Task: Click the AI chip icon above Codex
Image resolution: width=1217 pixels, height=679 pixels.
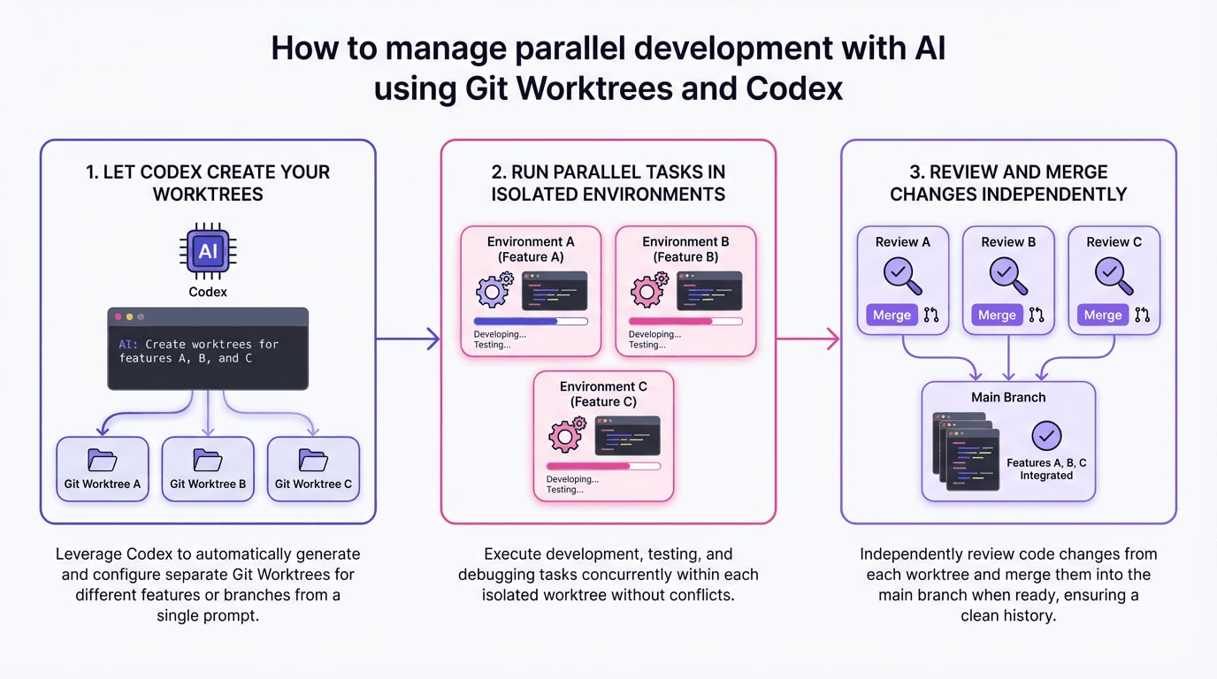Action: (x=208, y=251)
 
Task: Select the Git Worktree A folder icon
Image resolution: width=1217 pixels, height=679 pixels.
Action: (x=103, y=460)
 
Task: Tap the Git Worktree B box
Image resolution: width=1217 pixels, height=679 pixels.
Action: (x=208, y=469)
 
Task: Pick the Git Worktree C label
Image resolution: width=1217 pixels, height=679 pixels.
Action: (x=313, y=484)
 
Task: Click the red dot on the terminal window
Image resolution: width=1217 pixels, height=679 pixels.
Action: (x=119, y=317)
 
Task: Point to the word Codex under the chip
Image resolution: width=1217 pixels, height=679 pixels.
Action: (x=208, y=292)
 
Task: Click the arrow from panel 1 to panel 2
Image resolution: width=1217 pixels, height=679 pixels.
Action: (x=408, y=339)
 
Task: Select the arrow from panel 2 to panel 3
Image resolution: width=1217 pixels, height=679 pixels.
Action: (x=808, y=339)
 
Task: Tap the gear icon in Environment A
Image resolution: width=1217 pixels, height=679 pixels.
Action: (x=494, y=289)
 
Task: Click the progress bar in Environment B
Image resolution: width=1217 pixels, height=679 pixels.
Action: (x=685, y=321)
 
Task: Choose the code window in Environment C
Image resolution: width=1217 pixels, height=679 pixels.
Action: (x=627, y=436)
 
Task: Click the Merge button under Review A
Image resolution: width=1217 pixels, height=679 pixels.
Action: (x=892, y=315)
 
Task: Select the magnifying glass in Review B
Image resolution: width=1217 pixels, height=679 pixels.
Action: (x=1007, y=275)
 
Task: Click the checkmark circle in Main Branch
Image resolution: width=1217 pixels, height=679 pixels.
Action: (x=1046, y=435)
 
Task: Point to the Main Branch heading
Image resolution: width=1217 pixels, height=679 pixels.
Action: (x=1008, y=397)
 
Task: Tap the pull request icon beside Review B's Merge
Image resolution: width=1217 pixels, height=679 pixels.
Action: (x=1037, y=315)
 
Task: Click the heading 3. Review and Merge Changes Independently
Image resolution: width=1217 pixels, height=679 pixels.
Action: (x=1008, y=183)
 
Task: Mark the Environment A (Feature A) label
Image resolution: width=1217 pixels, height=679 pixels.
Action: (x=531, y=248)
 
